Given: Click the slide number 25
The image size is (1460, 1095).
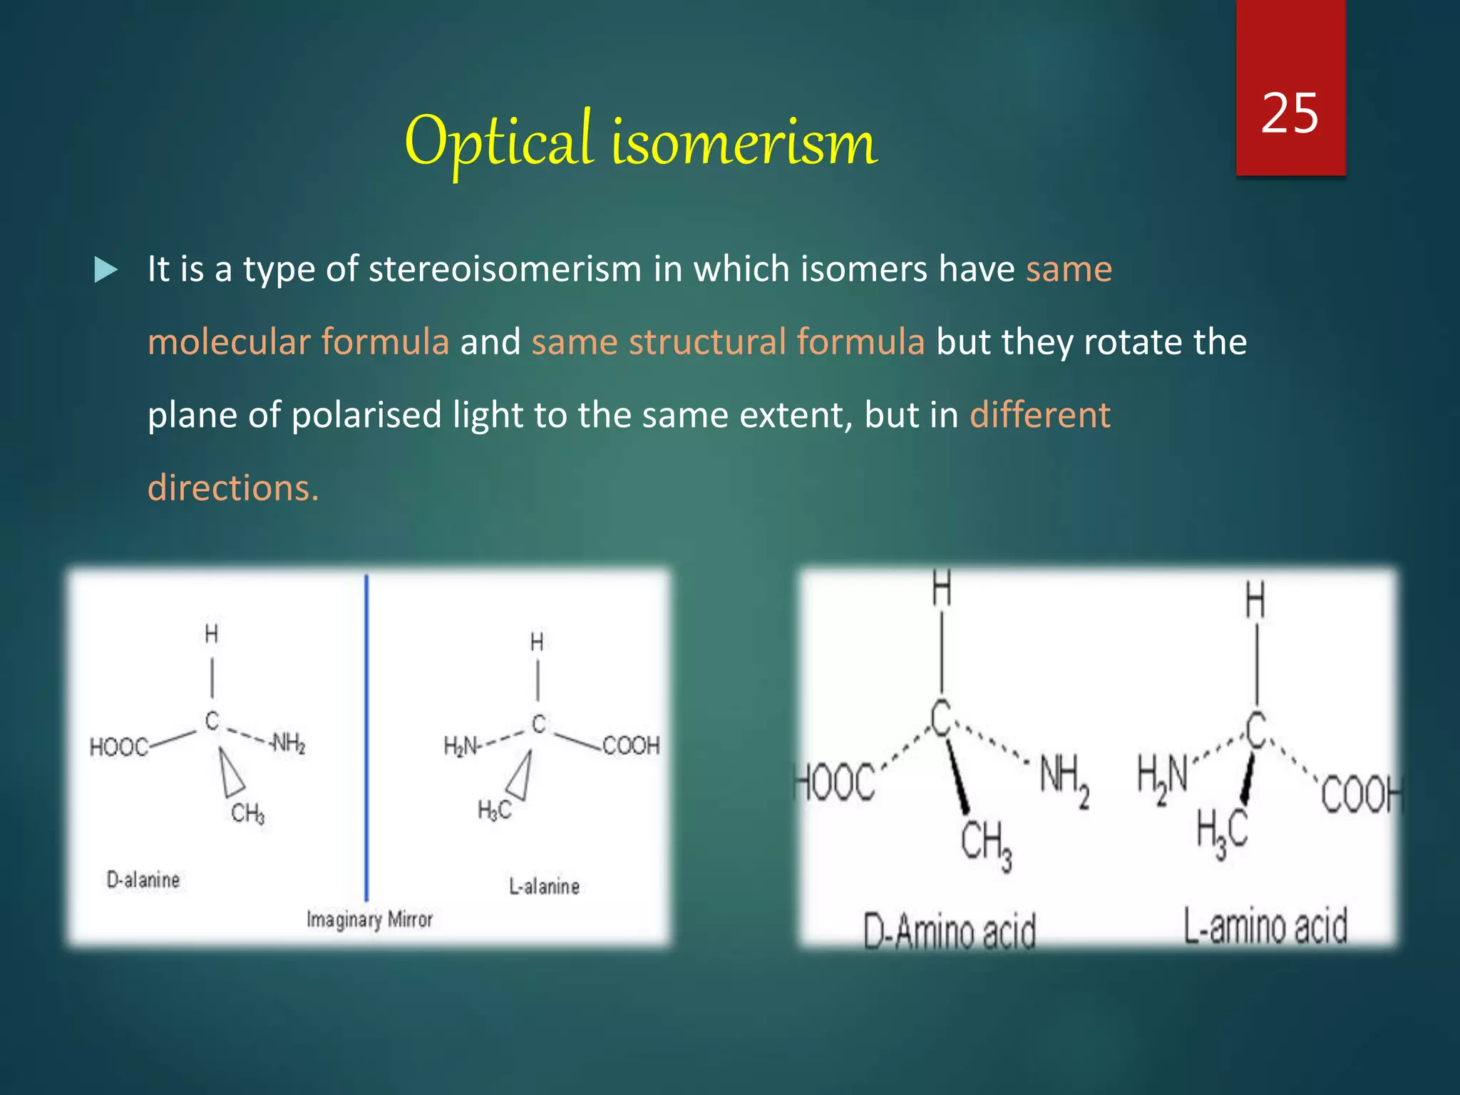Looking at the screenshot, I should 1289,114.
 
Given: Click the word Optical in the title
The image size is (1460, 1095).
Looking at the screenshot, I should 498,140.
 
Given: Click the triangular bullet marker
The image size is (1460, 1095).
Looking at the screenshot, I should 106,270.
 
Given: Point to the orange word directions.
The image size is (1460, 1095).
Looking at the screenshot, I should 232,488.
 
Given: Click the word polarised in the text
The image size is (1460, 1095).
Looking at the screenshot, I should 366,415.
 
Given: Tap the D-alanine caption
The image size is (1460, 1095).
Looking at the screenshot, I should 143,880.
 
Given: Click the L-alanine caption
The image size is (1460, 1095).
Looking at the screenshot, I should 544,887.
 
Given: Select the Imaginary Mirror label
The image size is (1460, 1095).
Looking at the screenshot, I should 369,920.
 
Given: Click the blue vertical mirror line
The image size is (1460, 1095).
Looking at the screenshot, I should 366,734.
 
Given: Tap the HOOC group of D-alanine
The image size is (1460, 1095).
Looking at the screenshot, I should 118,747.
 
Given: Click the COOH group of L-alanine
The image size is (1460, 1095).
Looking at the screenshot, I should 631,746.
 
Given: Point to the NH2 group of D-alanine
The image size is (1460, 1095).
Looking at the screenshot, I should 289,744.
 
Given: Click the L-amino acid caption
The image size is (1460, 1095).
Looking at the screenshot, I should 1265,927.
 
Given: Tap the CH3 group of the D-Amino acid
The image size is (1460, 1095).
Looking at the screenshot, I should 986,844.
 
